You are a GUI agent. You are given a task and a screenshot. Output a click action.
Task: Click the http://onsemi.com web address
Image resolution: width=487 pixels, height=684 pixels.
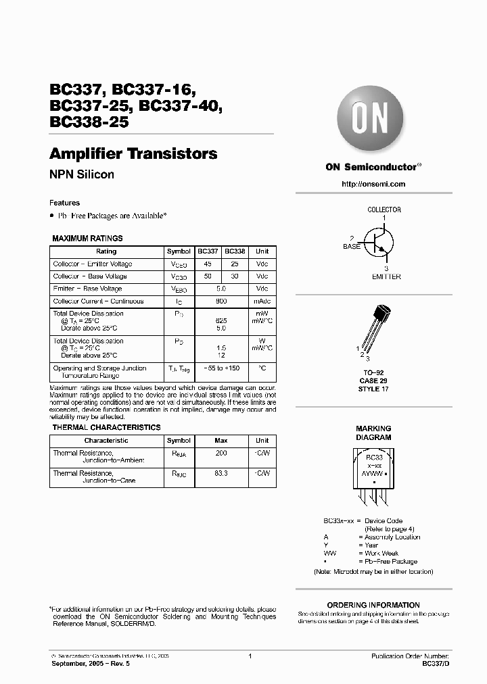(x=373, y=184)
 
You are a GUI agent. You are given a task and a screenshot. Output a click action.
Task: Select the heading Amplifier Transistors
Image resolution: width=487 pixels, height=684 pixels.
(x=133, y=153)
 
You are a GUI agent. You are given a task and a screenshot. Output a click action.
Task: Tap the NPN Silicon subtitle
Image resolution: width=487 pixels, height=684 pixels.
(x=82, y=174)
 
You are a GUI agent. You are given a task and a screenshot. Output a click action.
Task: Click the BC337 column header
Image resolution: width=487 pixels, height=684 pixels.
(x=208, y=251)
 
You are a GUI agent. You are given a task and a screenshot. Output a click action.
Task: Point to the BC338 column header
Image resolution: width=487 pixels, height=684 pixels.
(x=234, y=251)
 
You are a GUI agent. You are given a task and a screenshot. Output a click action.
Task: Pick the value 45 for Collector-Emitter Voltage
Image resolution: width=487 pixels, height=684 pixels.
(x=208, y=264)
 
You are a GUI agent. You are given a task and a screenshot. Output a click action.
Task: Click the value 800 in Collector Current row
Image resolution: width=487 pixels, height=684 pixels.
(x=221, y=301)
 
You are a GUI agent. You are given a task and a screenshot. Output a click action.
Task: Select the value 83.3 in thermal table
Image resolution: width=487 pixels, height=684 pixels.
(x=221, y=474)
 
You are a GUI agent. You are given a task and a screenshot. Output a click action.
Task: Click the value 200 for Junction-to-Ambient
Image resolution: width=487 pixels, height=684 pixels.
(x=221, y=453)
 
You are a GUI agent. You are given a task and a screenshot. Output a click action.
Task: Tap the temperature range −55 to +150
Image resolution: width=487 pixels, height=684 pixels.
(x=221, y=368)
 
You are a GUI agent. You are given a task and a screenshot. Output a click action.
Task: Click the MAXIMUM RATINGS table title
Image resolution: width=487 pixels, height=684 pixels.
(x=87, y=239)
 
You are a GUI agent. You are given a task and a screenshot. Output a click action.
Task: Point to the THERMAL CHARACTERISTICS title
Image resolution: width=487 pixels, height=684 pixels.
(x=106, y=428)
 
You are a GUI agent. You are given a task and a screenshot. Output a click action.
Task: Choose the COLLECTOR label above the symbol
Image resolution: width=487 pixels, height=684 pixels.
(x=384, y=210)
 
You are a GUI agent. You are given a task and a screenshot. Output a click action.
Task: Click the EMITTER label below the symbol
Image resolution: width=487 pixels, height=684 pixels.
(x=386, y=276)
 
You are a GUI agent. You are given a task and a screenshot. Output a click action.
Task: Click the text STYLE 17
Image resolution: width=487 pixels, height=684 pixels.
(x=373, y=389)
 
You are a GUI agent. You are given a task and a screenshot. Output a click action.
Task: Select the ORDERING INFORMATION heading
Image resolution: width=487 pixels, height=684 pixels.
(x=373, y=605)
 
